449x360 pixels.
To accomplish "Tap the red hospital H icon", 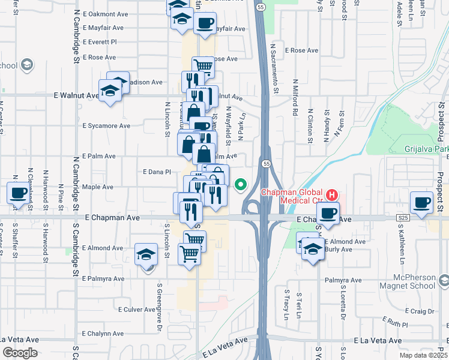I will pyautogui.click(x=332, y=196).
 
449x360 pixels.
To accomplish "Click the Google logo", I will pyautogui.click(x=20, y=353).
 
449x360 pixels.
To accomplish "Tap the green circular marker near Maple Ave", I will pyautogui.click(x=241, y=185).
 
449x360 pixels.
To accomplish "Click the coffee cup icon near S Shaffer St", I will pyautogui.click(x=18, y=193).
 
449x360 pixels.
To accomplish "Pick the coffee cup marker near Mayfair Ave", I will pyautogui.click(x=205, y=23).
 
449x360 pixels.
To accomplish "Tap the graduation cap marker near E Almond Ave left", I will pyautogui.click(x=146, y=254).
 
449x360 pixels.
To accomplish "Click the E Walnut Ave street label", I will pyautogui.click(x=76, y=95).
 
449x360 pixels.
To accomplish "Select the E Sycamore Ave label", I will pyautogui.click(x=106, y=126).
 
